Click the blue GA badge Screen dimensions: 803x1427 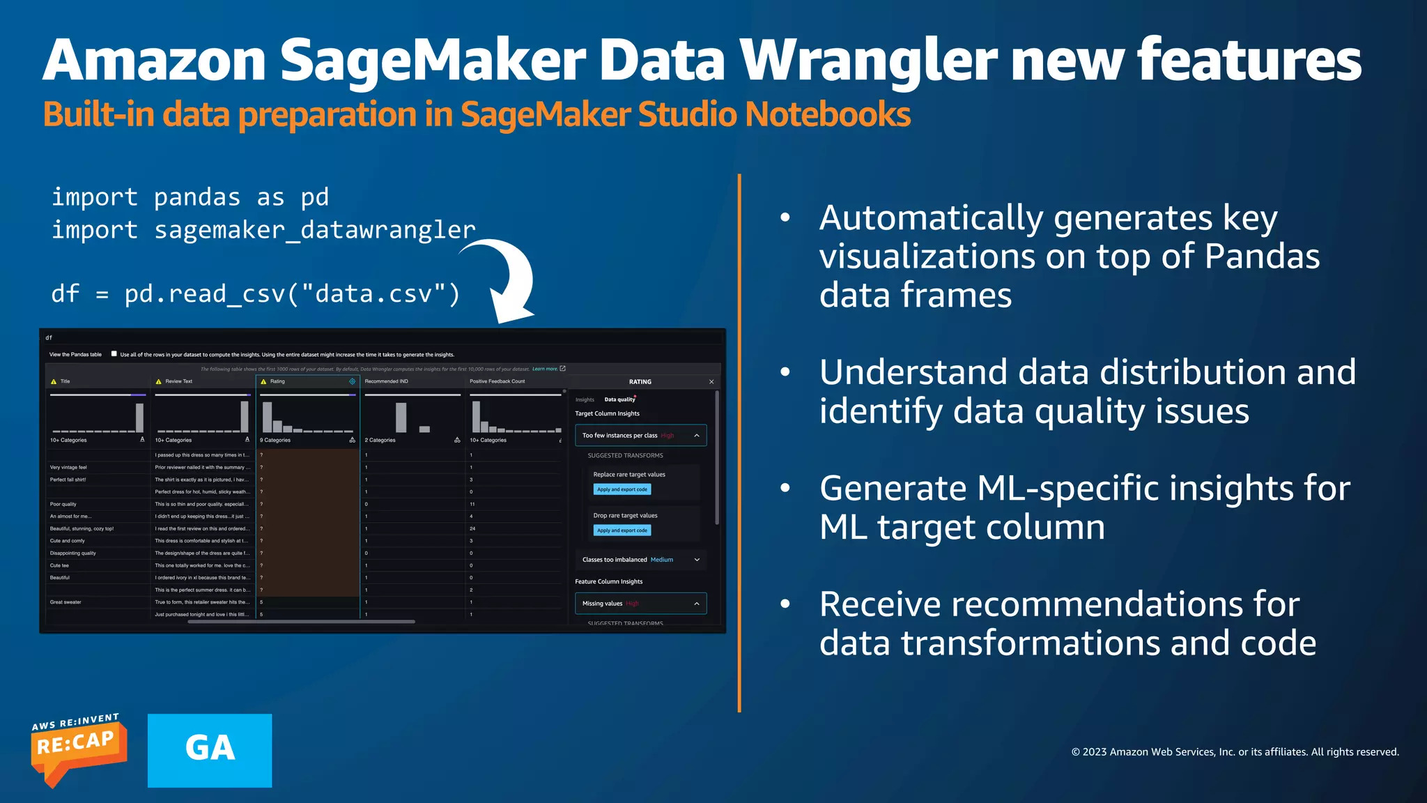point(210,750)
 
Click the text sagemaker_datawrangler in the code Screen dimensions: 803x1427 point(314,229)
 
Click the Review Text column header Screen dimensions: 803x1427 point(178,381)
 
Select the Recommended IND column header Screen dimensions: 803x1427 point(386,381)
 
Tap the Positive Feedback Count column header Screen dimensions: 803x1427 point(497,381)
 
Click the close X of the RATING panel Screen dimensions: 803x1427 point(711,382)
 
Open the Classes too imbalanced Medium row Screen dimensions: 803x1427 point(640,560)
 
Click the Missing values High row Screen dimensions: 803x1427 point(640,604)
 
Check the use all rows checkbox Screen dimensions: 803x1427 point(114,353)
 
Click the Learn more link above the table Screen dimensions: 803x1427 point(545,369)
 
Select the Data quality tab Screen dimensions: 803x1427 point(619,399)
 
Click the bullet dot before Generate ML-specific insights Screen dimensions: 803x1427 point(785,488)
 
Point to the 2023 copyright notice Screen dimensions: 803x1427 point(1234,751)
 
